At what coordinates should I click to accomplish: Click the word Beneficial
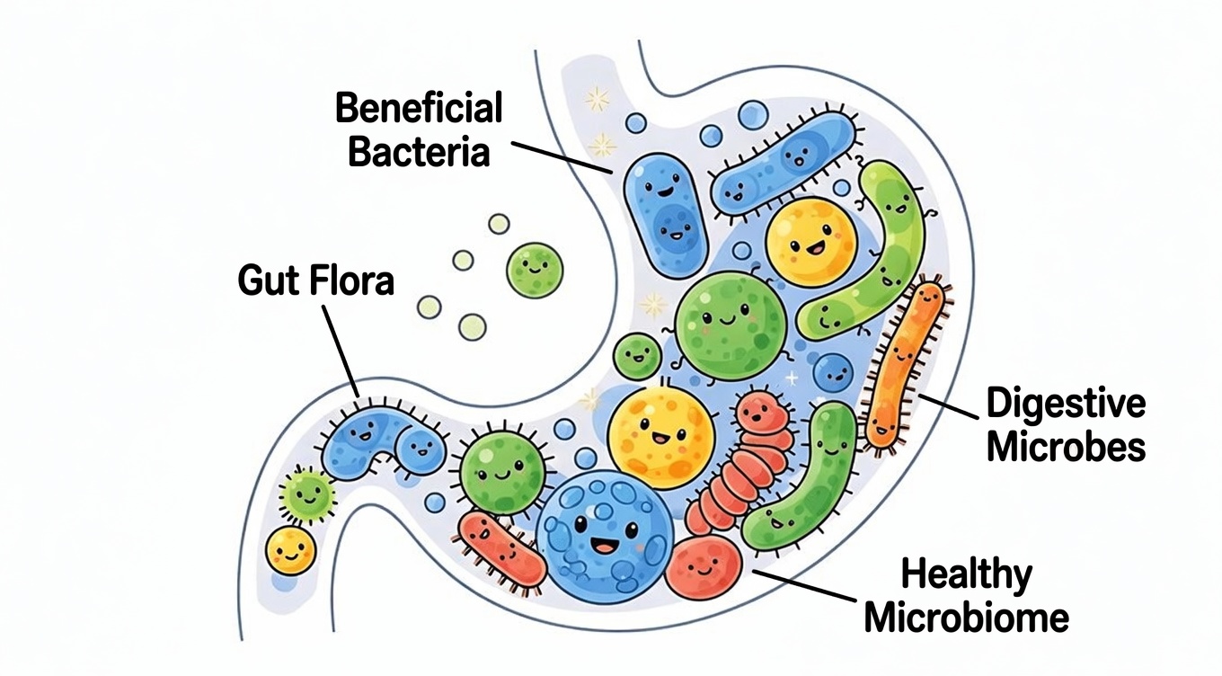pos(418,110)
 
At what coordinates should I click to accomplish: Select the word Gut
pos(268,280)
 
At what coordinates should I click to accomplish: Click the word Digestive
pos(1066,405)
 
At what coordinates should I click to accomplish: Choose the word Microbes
pos(1066,447)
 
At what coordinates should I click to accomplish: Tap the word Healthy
pos(966,574)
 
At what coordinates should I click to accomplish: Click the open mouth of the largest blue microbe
pos(601,545)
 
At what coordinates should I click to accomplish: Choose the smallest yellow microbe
pos(291,549)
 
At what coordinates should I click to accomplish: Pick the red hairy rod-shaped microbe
pos(500,549)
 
